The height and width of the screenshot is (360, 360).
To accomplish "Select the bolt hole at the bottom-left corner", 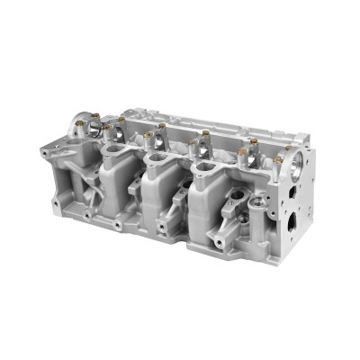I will [x=55, y=204].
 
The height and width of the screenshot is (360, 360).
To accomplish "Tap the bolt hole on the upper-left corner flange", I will [x=47, y=153].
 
